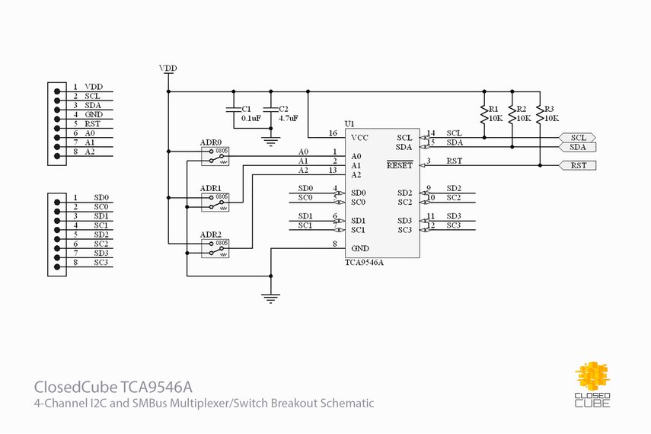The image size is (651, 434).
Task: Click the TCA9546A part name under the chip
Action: (x=364, y=262)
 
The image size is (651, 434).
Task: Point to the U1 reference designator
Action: (x=349, y=123)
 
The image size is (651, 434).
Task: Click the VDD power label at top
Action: (x=168, y=69)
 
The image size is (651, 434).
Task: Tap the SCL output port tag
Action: (x=578, y=138)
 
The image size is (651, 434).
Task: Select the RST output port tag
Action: (x=578, y=165)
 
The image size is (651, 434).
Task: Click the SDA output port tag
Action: (x=578, y=147)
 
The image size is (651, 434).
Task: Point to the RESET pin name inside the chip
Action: (x=399, y=164)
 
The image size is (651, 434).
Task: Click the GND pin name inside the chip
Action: (x=359, y=248)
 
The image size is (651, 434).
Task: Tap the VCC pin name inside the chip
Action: (x=359, y=138)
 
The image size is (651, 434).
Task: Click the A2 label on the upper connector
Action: (x=90, y=152)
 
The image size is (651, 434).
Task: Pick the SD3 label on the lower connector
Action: (x=101, y=253)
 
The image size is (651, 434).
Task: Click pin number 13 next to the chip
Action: (x=333, y=171)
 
